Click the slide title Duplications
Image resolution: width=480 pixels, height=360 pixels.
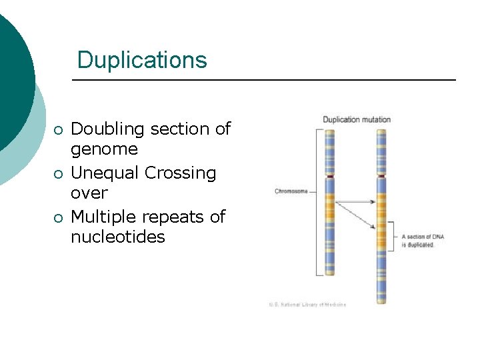pos(142,60)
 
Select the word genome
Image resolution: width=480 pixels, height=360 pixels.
pos(104,149)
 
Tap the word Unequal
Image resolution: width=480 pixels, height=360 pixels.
pos(105,173)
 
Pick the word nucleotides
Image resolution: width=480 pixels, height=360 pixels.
pos(117,237)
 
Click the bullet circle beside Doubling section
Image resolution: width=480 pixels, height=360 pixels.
pos(59,129)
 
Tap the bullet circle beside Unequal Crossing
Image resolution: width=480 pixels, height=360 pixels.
pos(59,173)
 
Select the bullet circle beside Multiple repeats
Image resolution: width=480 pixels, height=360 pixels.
pos(59,217)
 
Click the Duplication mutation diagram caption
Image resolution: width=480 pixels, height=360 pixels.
pos(357,120)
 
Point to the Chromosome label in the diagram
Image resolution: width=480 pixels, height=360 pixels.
pos(291,191)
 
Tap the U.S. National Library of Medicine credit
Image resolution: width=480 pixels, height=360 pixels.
pos(307,305)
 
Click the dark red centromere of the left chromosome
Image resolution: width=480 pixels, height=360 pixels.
pos(329,175)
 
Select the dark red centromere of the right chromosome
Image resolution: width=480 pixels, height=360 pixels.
pos(381,175)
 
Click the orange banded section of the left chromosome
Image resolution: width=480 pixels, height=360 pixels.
pos(329,213)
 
